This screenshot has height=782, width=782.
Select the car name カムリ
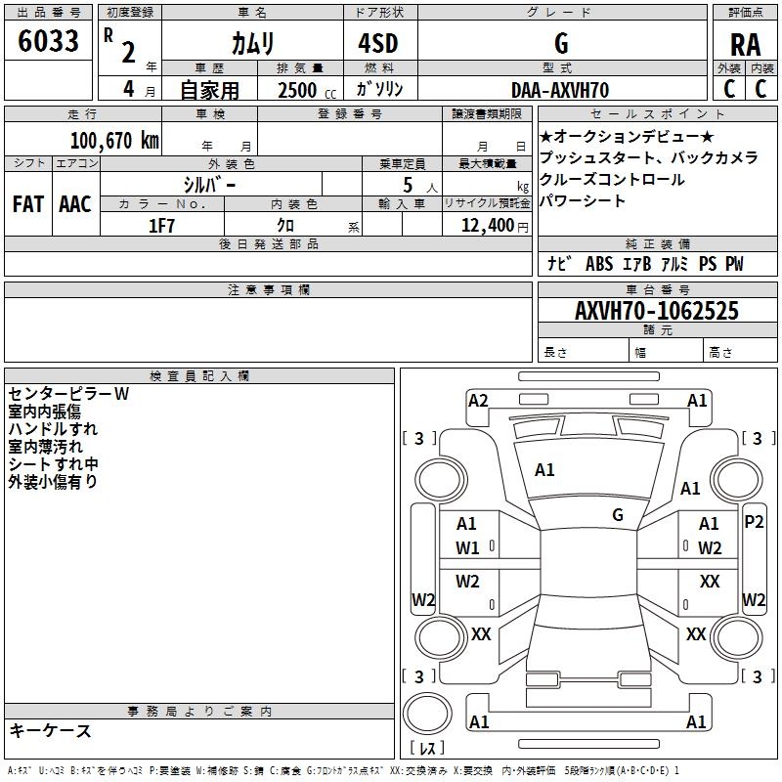pyautogui.click(x=252, y=43)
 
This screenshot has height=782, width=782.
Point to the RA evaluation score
pyautogui.click(x=746, y=43)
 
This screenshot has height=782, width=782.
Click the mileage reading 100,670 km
pyautogui.click(x=114, y=140)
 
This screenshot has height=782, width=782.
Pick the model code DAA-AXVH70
pyautogui.click(x=560, y=90)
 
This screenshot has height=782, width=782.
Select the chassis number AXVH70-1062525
pyautogui.click(x=657, y=312)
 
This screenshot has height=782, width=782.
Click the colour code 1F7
pyautogui.click(x=161, y=226)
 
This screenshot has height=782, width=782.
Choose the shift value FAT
pyautogui.click(x=27, y=204)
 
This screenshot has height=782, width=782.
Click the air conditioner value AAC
pyautogui.click(x=74, y=204)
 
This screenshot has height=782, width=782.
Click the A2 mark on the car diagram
pyautogui.click(x=478, y=400)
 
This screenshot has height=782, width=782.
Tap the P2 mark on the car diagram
pyautogui.click(x=754, y=522)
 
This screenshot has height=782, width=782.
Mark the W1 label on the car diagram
pyautogui.click(x=468, y=547)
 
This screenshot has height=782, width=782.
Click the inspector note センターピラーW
pyautogui.click(x=69, y=394)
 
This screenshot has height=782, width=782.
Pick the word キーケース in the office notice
pyautogui.click(x=51, y=731)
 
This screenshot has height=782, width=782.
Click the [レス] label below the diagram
pyautogui.click(x=426, y=749)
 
